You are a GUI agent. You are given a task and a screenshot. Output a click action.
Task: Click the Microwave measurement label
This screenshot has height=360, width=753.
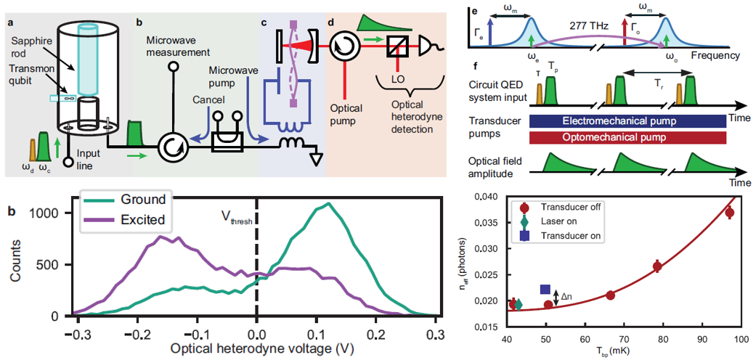click(177, 46)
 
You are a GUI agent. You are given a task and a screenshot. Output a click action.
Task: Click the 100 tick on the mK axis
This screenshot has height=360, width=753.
click(739, 340)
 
